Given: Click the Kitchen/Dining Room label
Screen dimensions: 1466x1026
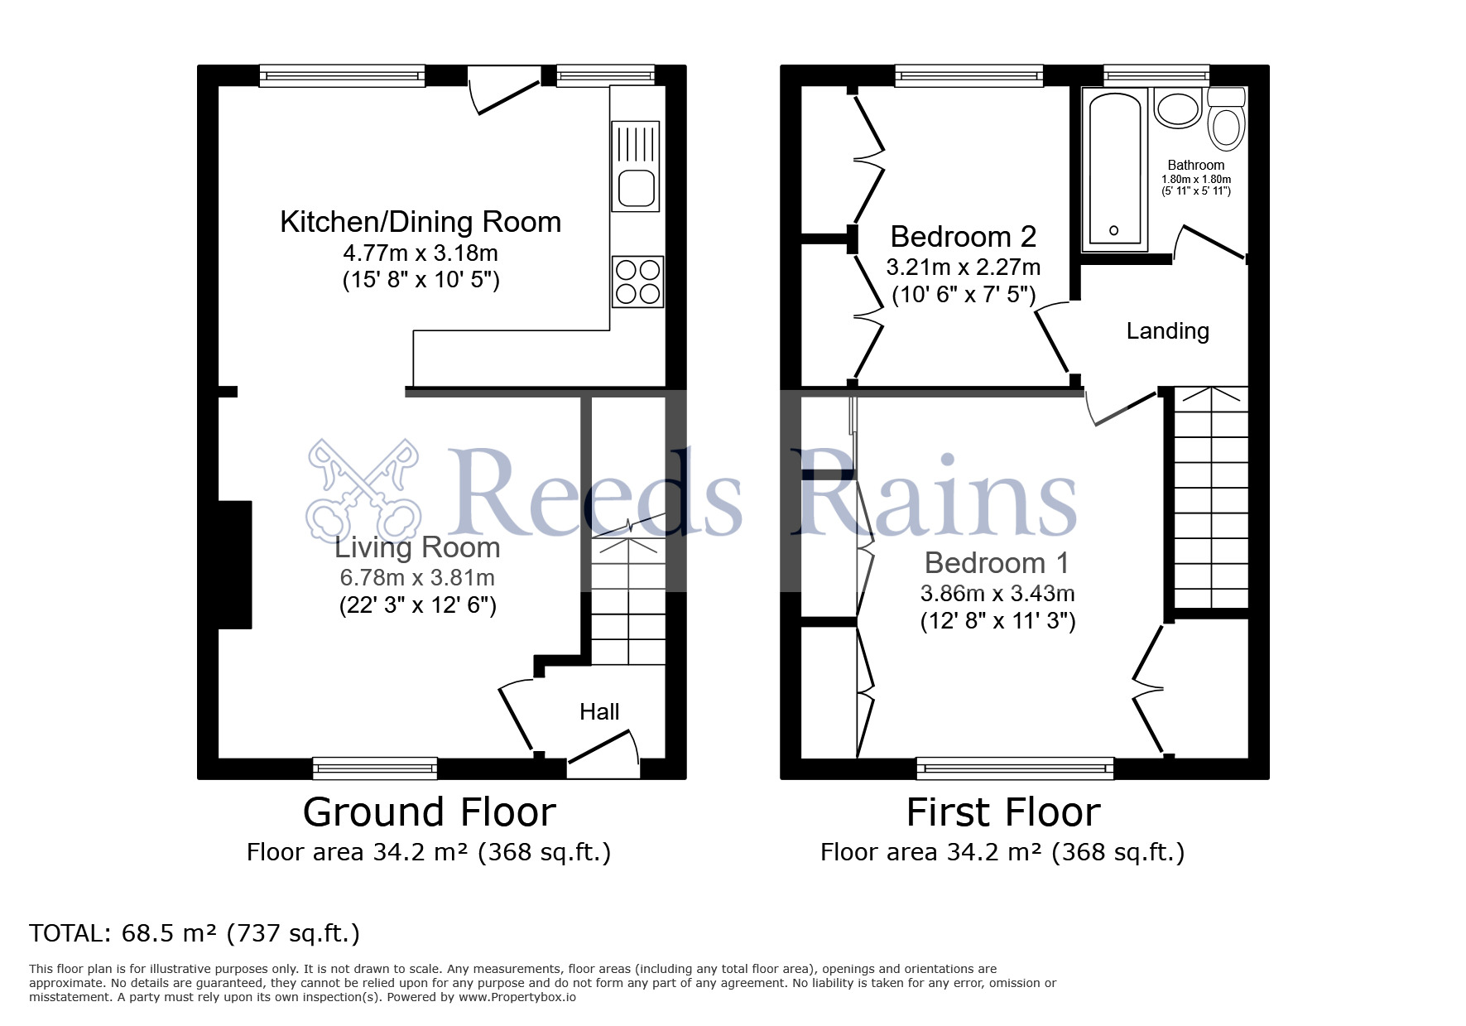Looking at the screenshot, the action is click(x=421, y=222).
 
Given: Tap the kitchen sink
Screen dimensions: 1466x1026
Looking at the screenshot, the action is click(x=636, y=166).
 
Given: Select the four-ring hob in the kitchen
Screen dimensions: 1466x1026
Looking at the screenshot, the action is click(x=637, y=282).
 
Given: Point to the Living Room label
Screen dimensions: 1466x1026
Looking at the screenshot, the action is click(x=417, y=547).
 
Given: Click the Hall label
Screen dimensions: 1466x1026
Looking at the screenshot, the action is click(x=599, y=711).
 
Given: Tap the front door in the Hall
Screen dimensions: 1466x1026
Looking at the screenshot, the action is click(x=603, y=747).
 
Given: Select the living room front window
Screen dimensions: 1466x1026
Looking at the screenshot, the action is click(x=375, y=768).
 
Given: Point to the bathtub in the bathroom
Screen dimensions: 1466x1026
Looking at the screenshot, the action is click(x=1114, y=169).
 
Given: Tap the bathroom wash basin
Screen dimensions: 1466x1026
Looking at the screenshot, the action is click(x=1177, y=108).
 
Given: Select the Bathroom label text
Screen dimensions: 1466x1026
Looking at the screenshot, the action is click(x=1196, y=165).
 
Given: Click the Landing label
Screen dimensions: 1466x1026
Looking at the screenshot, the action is click(x=1168, y=331).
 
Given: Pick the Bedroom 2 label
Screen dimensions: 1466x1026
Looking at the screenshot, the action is click(x=964, y=237).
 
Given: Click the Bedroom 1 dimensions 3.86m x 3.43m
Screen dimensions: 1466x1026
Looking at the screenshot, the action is click(x=997, y=593).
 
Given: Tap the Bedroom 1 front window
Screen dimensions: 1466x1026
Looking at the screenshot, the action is click(x=1015, y=768).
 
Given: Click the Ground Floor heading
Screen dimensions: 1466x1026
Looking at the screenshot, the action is click(x=429, y=812).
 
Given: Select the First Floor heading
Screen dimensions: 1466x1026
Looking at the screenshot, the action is click(x=1003, y=812).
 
